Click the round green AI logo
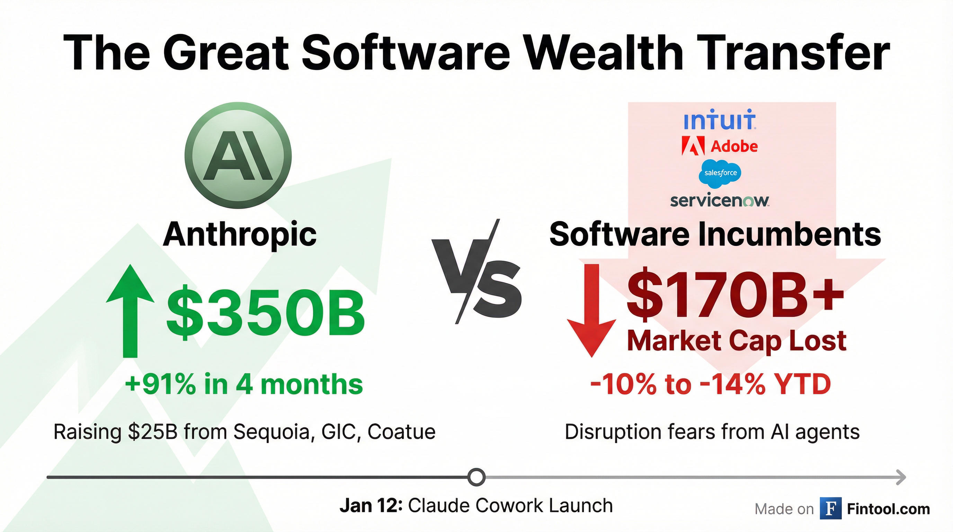click(238, 156)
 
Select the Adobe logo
click(720, 146)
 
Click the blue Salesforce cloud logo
click(720, 174)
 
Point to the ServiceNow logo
click(720, 201)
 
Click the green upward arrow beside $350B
click(130, 311)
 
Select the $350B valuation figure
click(265, 313)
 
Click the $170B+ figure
click(736, 294)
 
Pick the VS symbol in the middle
click(476, 272)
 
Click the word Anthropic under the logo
click(240, 234)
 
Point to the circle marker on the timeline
click(476, 477)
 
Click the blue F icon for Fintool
click(830, 508)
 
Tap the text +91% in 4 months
click(244, 384)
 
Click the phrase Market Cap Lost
click(737, 340)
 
